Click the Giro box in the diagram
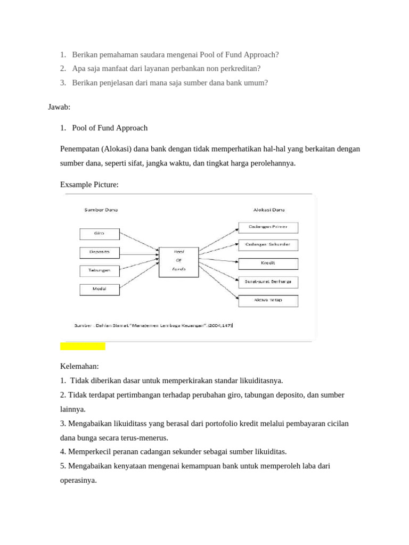(99, 234)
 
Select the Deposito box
(99, 252)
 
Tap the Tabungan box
(99, 270)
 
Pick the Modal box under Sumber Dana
(99, 289)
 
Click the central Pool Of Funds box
(178, 262)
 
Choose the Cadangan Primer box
(268, 227)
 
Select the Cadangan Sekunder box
(268, 245)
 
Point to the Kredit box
(268, 263)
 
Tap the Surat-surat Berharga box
(268, 282)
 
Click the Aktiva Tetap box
(268, 301)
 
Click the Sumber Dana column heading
(101, 210)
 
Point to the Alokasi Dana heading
(269, 210)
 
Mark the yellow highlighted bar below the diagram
(83, 346)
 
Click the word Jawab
(59, 108)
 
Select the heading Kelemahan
(79, 367)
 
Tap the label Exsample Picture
(89, 184)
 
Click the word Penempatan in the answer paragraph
(79, 148)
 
